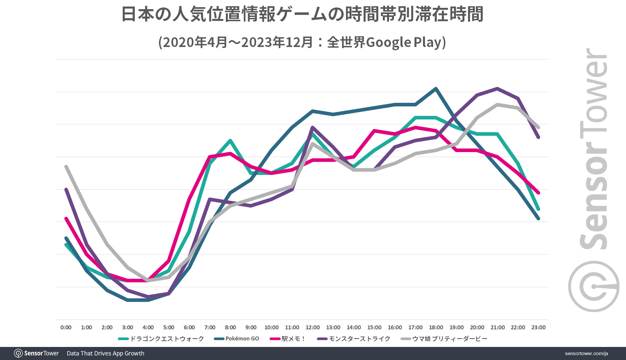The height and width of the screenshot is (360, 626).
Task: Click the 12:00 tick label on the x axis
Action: tap(312, 327)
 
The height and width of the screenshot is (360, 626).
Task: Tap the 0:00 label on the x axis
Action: tap(66, 327)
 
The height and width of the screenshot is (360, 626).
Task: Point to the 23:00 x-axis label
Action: tap(538, 327)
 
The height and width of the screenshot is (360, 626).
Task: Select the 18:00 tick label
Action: tap(436, 327)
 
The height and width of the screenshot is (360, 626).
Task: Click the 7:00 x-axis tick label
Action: tap(210, 327)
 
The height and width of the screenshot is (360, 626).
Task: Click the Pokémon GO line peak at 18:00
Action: tap(436, 88)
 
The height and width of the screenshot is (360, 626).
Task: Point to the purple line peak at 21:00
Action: tap(497, 88)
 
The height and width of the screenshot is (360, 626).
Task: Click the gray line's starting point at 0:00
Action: tap(66, 167)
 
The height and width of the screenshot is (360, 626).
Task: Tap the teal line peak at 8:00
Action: tap(230, 140)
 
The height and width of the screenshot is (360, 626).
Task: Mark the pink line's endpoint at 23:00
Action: tap(538, 193)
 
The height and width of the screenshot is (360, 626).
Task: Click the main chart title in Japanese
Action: tap(302, 15)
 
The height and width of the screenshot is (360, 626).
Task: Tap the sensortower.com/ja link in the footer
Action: tap(586, 353)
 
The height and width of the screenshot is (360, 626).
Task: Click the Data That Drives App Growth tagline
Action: tap(105, 353)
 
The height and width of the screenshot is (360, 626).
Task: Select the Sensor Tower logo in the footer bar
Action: tap(36, 353)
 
